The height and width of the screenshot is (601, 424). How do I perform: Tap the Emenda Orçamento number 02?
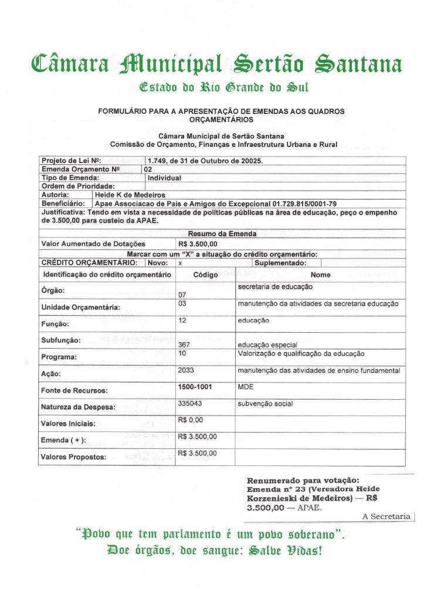pyautogui.click(x=148, y=169)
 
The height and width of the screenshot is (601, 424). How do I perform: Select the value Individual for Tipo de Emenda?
pyautogui.click(x=164, y=177)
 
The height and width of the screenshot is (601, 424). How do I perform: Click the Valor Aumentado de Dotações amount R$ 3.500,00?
pyautogui.click(x=197, y=244)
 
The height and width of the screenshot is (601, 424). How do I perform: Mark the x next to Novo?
pyautogui.click(x=180, y=263)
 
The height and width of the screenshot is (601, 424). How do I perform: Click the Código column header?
pyautogui.click(x=205, y=275)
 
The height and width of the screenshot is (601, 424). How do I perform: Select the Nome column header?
pyautogui.click(x=320, y=275)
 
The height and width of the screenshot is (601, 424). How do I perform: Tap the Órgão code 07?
pyautogui.click(x=182, y=294)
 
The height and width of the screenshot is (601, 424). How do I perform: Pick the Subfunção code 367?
pyautogui.click(x=184, y=345)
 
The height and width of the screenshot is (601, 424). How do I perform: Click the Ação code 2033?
pyautogui.click(x=185, y=370)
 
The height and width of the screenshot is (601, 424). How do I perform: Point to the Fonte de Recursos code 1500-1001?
pyautogui.click(x=195, y=387)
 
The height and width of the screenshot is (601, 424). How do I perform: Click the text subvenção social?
pyautogui.click(x=265, y=404)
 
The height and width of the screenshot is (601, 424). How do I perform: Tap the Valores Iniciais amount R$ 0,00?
pyautogui.click(x=191, y=420)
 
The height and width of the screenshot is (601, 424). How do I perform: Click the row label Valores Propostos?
pyautogui.click(x=73, y=457)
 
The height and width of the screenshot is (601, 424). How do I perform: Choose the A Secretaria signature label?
pyautogui.click(x=386, y=516)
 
